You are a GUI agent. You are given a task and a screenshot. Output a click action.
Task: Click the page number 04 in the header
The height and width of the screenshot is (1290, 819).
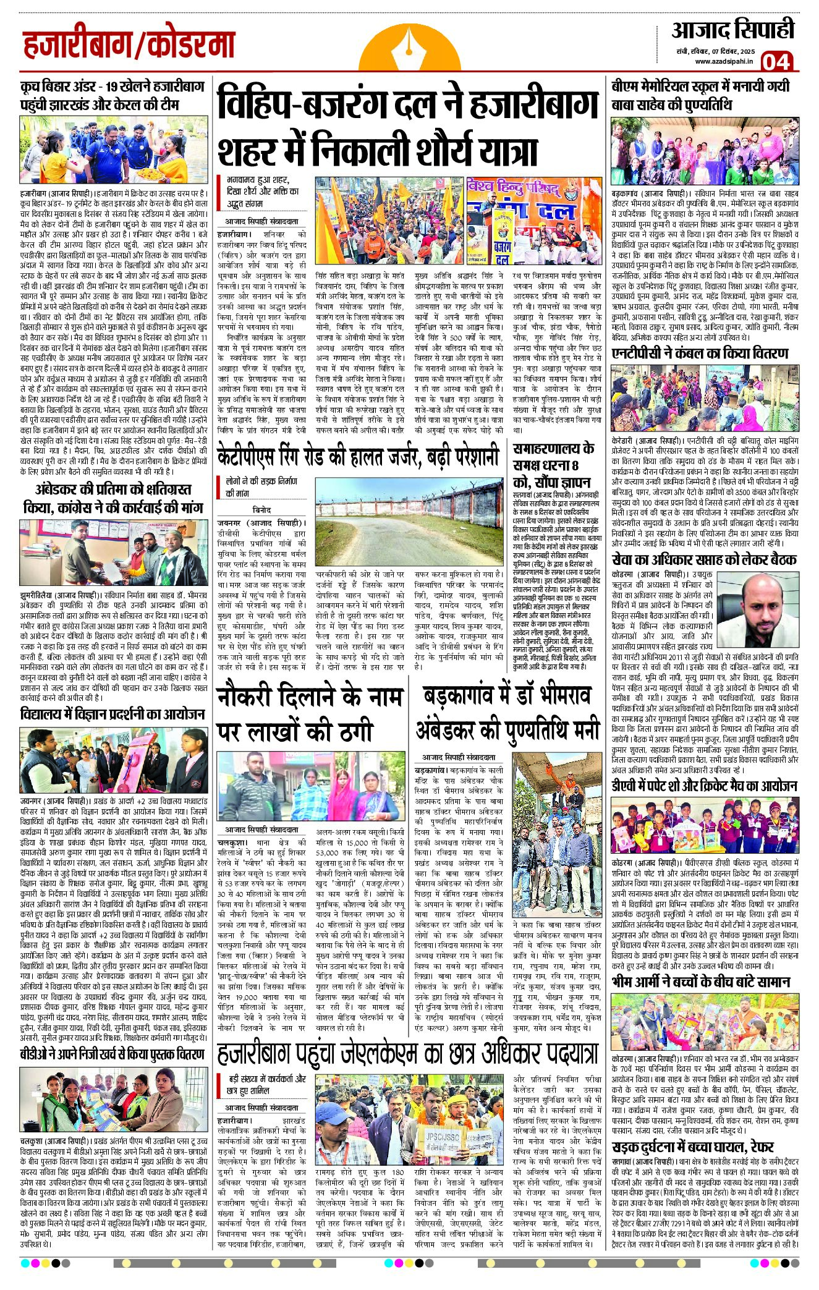[x=776, y=62]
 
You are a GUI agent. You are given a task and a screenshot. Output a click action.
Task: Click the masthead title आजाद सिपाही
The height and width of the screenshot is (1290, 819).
[x=732, y=30]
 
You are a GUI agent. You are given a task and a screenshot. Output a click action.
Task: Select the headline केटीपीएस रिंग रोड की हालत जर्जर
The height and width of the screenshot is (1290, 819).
[x=358, y=458]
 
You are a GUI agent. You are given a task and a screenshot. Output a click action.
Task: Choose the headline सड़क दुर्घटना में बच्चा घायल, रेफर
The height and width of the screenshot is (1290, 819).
[x=692, y=1147]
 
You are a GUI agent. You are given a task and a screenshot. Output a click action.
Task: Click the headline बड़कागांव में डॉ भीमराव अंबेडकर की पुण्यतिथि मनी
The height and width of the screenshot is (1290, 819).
[x=507, y=713]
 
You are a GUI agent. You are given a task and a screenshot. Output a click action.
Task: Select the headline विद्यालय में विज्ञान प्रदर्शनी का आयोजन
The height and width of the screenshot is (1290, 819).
[x=112, y=714]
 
